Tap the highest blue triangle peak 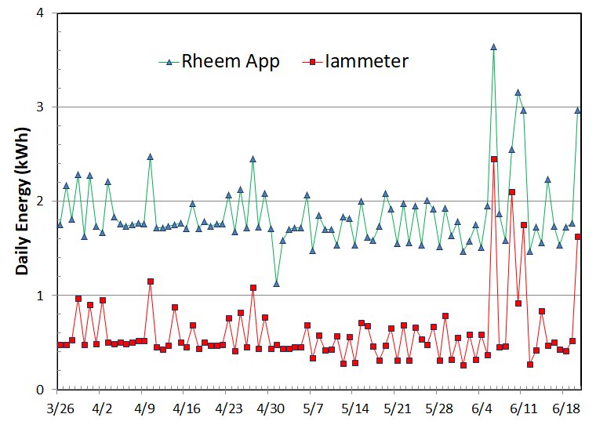click(x=493, y=47)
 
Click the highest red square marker click(x=494, y=159)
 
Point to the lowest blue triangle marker click(x=276, y=283)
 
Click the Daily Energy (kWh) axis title click(x=22, y=201)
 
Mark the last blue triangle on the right click(x=578, y=111)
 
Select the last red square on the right click(x=578, y=237)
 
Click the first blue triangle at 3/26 click(x=60, y=225)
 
